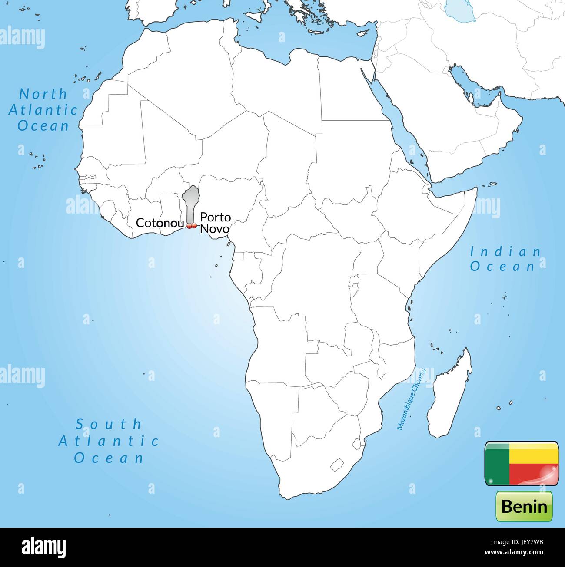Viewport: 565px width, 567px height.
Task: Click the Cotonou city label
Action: (x=160, y=223)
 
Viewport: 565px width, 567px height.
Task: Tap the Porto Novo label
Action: (x=215, y=223)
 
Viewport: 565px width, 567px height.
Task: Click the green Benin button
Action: (x=524, y=506)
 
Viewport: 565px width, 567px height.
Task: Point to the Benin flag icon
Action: (x=522, y=463)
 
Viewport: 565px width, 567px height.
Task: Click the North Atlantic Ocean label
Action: (x=43, y=110)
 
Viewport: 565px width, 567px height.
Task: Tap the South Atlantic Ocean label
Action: (x=109, y=441)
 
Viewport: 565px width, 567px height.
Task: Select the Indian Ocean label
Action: (x=505, y=259)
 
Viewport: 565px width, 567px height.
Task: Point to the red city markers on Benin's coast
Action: (x=191, y=226)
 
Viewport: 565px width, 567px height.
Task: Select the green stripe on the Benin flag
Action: (x=497, y=463)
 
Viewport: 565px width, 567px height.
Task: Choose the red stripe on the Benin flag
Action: (x=533, y=473)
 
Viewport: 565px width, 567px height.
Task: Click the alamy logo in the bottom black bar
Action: (x=43, y=547)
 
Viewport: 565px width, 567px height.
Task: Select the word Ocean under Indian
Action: (x=502, y=266)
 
